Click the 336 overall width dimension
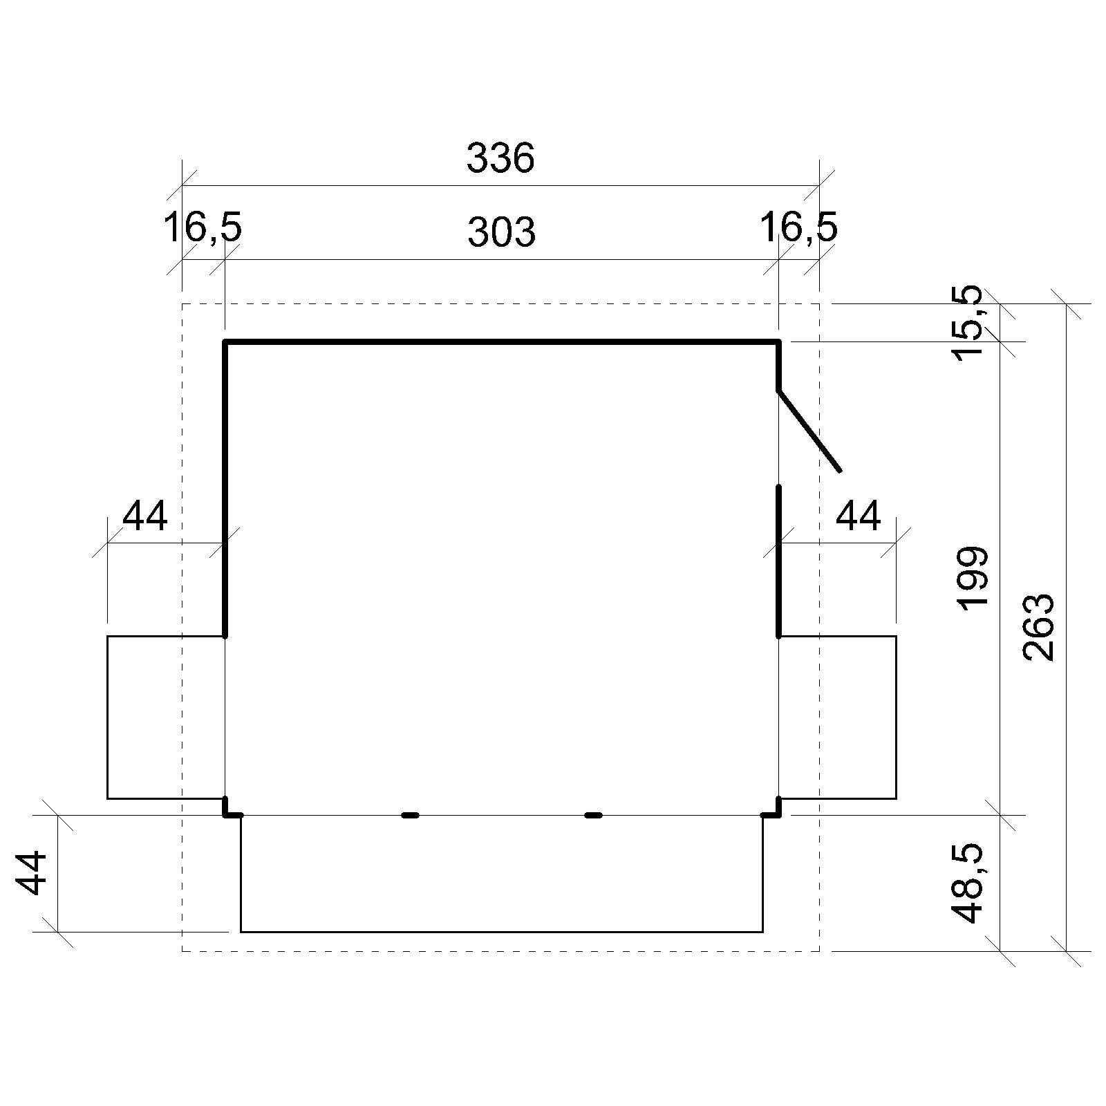500,158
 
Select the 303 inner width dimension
501,232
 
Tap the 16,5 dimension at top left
203,229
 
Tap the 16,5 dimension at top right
798,228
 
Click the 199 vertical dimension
974,578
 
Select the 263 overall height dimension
1039,627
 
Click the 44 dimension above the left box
145,516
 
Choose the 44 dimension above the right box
859,516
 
